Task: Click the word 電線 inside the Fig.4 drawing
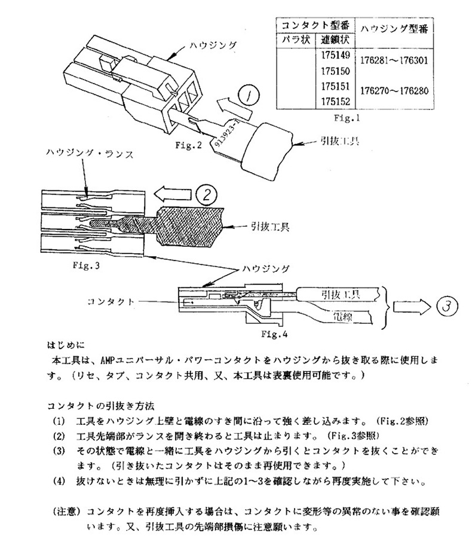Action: (x=330, y=315)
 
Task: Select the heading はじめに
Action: (x=66, y=345)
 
